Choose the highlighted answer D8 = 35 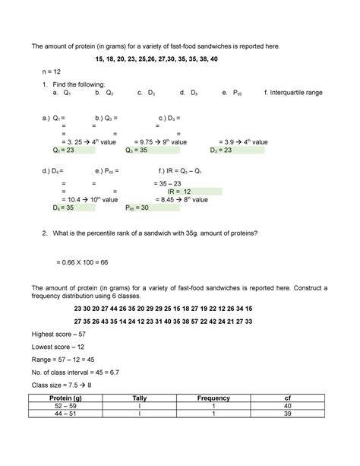click(x=64, y=208)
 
